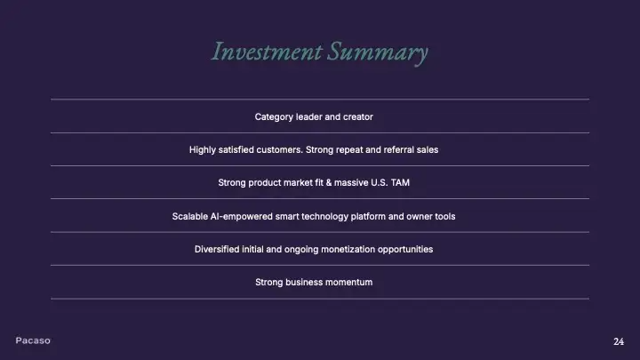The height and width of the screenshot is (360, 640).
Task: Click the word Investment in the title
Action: [266, 52]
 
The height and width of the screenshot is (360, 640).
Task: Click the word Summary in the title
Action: [377, 52]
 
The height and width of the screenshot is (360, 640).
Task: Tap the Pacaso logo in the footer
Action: [33, 340]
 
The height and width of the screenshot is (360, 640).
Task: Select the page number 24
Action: [619, 341]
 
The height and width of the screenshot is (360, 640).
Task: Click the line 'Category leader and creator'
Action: [314, 116]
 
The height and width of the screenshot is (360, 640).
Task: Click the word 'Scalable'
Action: [192, 216]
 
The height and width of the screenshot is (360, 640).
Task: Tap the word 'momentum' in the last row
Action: [349, 282]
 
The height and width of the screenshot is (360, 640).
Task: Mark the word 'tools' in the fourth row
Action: [443, 216]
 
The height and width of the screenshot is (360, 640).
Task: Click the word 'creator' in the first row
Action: [356, 116]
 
